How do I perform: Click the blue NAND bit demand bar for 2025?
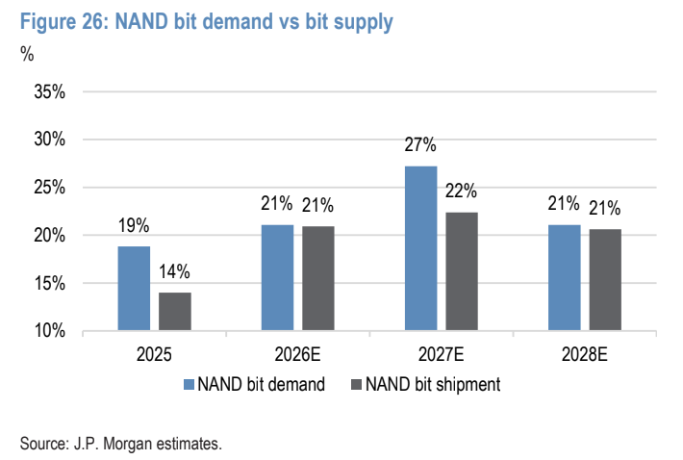point(134,289)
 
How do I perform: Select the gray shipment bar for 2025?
point(175,312)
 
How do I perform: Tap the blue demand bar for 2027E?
point(420,248)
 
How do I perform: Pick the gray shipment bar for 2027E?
point(462,271)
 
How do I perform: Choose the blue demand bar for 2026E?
point(277,277)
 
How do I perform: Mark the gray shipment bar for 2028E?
point(605,280)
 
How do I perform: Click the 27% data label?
point(420,144)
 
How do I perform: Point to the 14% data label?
point(174,271)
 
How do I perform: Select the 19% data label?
point(134,225)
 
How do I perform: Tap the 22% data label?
point(462,191)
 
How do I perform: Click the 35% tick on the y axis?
point(50,92)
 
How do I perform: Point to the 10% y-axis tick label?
point(50,331)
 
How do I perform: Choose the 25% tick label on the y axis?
point(50,188)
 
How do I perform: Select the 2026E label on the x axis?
point(297,354)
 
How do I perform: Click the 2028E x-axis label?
point(585,354)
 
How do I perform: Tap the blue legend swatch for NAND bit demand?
point(189,384)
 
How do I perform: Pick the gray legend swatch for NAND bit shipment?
point(356,384)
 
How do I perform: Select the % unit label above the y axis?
point(27,54)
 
